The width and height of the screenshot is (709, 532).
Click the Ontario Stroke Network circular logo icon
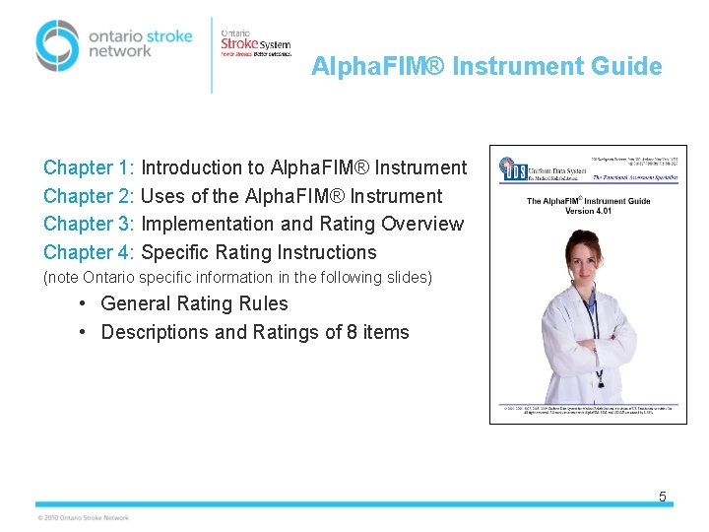click(x=56, y=44)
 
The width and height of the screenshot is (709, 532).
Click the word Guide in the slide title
click(x=626, y=67)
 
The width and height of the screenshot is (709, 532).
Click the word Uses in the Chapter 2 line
click(x=163, y=196)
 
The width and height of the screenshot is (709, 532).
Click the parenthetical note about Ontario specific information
click(x=237, y=278)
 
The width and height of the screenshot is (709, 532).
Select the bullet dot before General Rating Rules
click(x=86, y=303)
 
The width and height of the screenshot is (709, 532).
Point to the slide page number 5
click(x=662, y=497)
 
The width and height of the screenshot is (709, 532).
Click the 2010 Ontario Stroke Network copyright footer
click(x=83, y=517)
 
